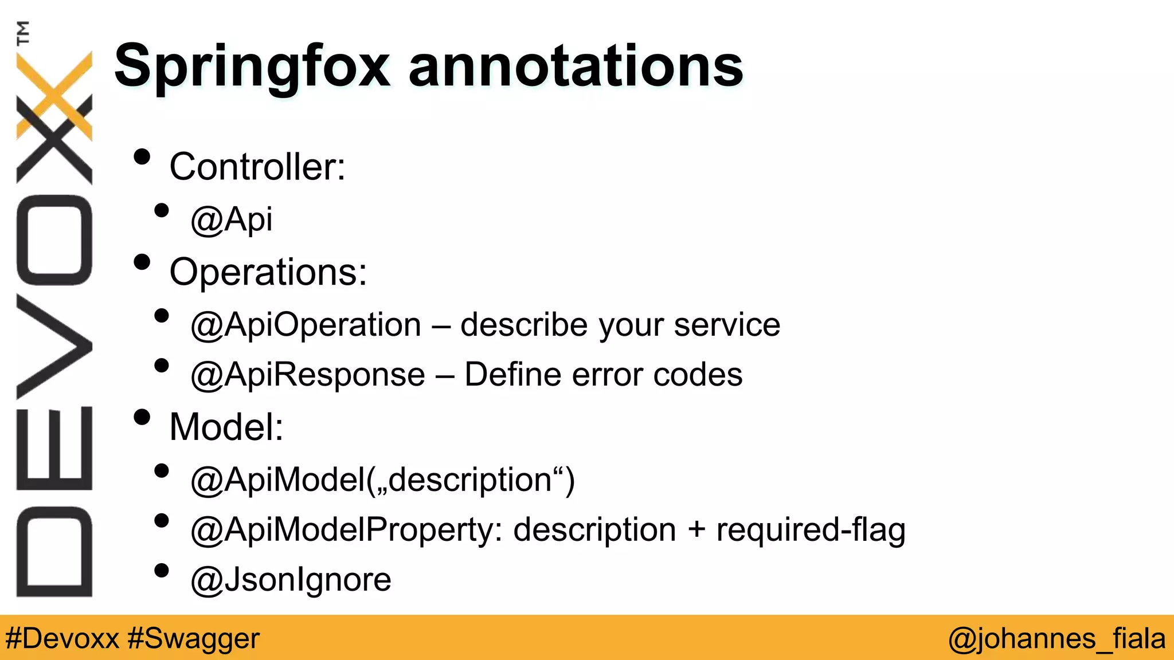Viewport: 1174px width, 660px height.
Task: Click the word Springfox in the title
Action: pyautogui.click(x=252, y=68)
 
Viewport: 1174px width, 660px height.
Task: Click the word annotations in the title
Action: pyautogui.click(x=576, y=68)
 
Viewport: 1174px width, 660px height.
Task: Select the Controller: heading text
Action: pyautogui.click(x=257, y=167)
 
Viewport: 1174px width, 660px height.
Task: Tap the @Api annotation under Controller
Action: pyautogui.click(x=232, y=219)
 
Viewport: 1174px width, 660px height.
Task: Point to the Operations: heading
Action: pyautogui.click(x=268, y=272)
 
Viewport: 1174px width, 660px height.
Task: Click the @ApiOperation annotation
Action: pyautogui.click(x=306, y=325)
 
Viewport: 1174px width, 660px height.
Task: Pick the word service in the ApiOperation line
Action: pyautogui.click(x=727, y=325)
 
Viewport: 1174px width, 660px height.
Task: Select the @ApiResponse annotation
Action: pyautogui.click(x=308, y=375)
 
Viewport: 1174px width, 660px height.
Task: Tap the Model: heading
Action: pyautogui.click(x=226, y=427)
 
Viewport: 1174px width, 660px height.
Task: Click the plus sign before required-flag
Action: pyautogui.click(x=696, y=529)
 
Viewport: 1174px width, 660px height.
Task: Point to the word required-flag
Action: pyautogui.click(x=811, y=529)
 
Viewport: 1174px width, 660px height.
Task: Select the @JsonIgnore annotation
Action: pyautogui.click(x=291, y=579)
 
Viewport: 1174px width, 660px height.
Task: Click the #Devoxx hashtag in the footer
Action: pyautogui.click(x=62, y=638)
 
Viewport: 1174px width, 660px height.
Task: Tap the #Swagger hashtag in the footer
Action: pyautogui.click(x=194, y=638)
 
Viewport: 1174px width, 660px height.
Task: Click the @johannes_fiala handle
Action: pyautogui.click(x=1056, y=638)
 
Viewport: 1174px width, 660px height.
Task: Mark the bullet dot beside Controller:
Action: pyautogui.click(x=142, y=157)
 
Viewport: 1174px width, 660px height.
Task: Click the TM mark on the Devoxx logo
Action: pyautogui.click(x=23, y=33)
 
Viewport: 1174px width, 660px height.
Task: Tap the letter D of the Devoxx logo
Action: pyautogui.click(x=54, y=552)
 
